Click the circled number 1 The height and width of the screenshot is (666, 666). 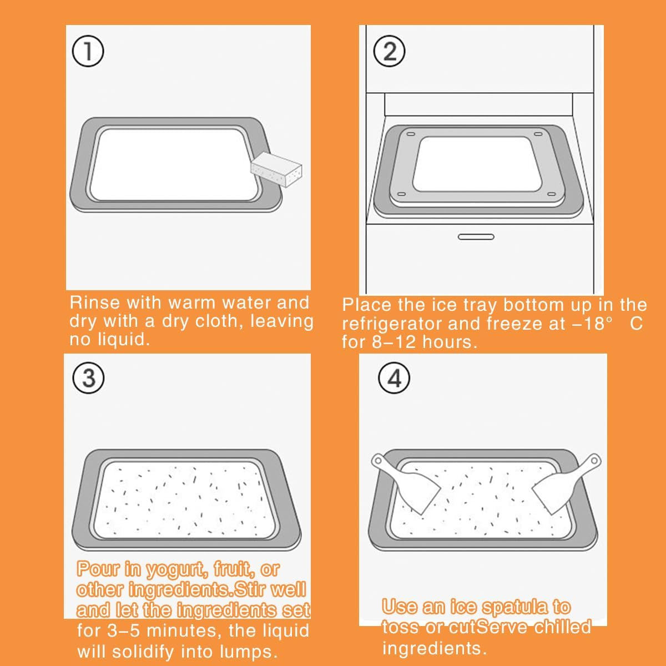click(x=88, y=52)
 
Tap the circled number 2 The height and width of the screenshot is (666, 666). click(x=389, y=52)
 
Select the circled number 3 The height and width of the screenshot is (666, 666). click(x=88, y=378)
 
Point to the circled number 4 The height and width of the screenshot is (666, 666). click(x=394, y=378)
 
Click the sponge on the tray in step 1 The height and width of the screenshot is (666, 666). click(x=276, y=169)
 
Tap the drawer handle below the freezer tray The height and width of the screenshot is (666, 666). click(x=476, y=237)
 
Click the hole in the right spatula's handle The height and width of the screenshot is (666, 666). click(x=594, y=460)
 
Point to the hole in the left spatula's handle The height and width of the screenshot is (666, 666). click(x=378, y=461)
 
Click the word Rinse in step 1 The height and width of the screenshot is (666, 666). click(x=95, y=302)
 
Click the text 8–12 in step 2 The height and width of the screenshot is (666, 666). click(x=395, y=342)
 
